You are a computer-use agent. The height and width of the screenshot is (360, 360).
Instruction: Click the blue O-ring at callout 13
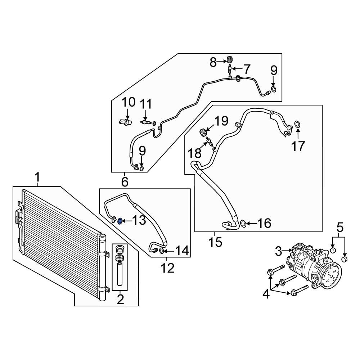point(120,221)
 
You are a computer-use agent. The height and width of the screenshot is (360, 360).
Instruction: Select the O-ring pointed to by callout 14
point(161,251)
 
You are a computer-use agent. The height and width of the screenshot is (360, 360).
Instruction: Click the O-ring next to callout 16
point(243,223)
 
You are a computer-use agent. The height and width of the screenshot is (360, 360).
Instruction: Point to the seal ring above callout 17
point(297,124)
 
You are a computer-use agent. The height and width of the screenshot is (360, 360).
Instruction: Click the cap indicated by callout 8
point(230,59)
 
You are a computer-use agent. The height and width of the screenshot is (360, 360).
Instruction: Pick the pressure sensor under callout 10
point(126,122)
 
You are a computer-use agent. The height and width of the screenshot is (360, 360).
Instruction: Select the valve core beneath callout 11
point(145,123)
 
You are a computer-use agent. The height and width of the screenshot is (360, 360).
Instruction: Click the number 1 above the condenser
point(37,177)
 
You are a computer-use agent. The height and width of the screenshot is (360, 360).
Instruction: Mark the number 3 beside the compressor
point(279,251)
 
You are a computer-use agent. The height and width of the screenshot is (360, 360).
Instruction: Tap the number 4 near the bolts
point(266,294)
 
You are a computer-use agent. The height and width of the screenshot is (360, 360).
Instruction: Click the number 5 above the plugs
point(340,227)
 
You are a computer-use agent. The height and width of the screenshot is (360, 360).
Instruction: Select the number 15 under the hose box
point(215,242)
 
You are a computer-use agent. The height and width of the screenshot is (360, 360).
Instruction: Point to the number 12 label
point(168,268)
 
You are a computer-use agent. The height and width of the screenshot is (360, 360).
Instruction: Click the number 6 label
point(125,182)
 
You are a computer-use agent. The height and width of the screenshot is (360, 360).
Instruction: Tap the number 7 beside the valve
point(247,69)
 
